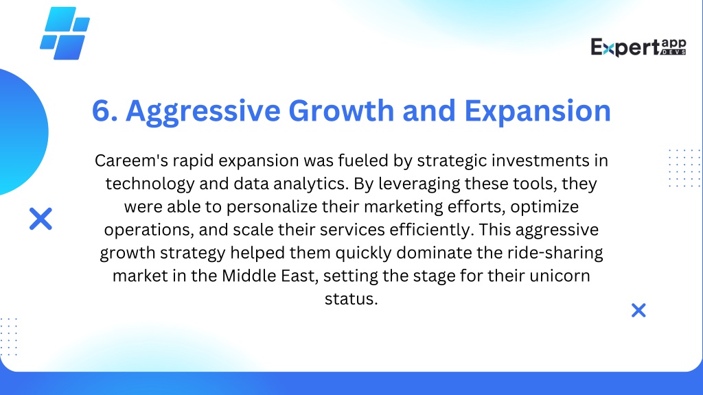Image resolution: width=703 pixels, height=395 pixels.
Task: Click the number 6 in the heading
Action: tap(102, 110)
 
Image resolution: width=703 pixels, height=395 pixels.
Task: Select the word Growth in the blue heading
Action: tap(341, 110)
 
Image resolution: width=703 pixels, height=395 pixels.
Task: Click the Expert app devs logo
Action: tap(638, 47)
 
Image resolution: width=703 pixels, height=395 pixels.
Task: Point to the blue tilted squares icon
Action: tap(65, 34)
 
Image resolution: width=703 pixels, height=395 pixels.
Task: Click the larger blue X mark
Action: tap(41, 219)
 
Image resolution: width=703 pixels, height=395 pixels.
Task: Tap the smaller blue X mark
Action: tap(638, 310)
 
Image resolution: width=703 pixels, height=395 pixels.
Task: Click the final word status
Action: tap(351, 299)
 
